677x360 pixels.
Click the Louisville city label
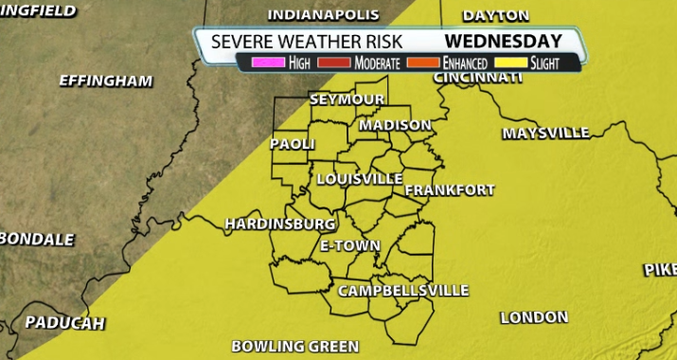coord(359,178)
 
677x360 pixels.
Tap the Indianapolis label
coord(324,15)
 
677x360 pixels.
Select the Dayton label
coord(495,15)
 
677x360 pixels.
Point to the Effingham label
coord(105,81)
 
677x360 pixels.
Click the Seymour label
coord(347,99)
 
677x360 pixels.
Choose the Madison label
coord(396,125)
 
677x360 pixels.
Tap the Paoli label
coord(292,144)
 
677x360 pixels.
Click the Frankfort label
coord(450,190)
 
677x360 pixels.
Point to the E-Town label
coord(349,245)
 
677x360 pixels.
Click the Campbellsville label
coord(403,291)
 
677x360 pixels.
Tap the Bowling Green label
coord(295,346)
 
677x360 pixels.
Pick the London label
coord(533,317)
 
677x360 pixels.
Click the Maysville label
coord(545,133)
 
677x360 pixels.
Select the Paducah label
coord(64,322)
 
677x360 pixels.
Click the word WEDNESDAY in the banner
coord(503,41)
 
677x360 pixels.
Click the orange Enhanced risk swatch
coord(423,63)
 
